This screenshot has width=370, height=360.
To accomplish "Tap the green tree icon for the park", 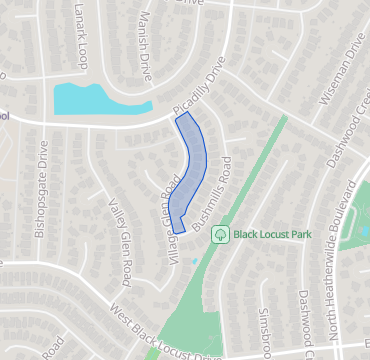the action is pyautogui.click(x=219, y=235).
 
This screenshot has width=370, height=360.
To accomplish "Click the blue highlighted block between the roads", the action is pyautogui.click(x=191, y=170).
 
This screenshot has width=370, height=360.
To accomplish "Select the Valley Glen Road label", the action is pyautogui.click(x=119, y=240).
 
